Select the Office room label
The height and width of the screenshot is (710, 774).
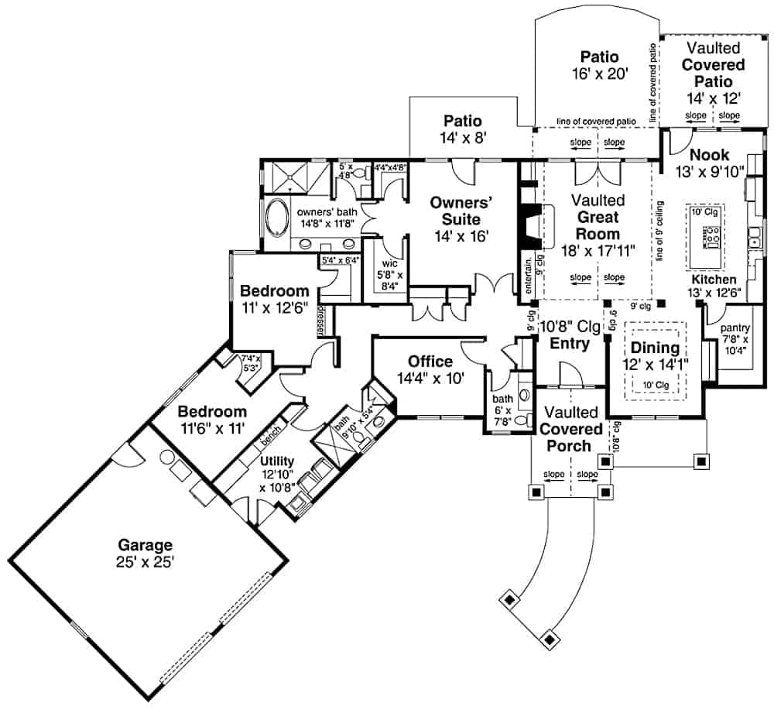(x=430, y=362)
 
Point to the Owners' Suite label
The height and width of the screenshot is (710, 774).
(x=463, y=210)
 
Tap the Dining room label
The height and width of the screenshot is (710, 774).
(x=654, y=348)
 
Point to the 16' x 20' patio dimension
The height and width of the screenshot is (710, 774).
(x=600, y=76)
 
